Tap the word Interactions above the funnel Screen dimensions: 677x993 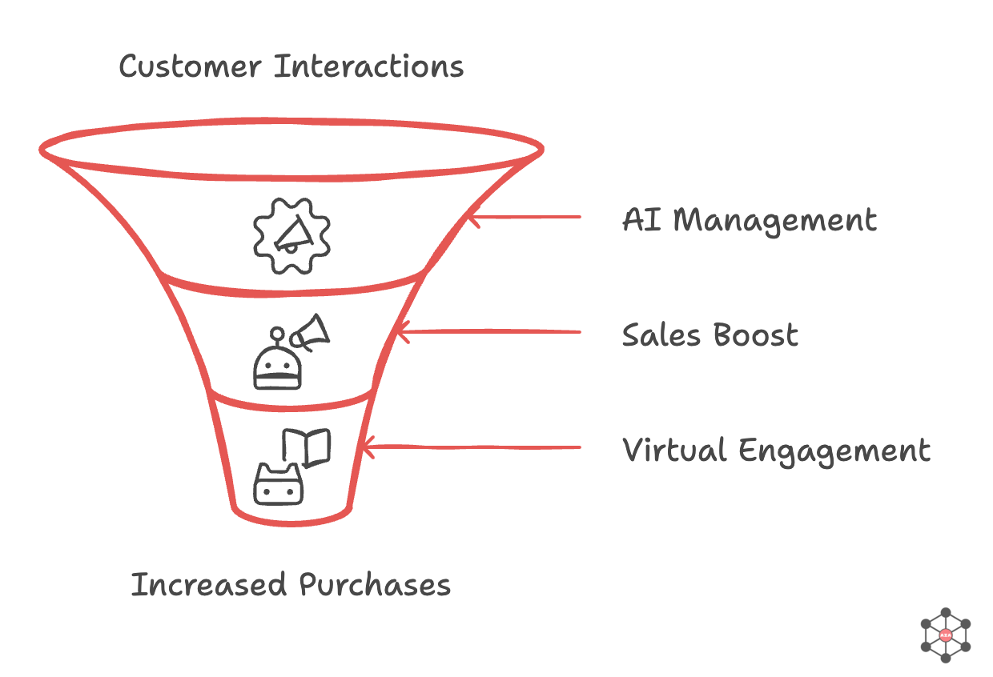click(x=369, y=66)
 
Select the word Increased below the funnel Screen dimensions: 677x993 click(x=209, y=585)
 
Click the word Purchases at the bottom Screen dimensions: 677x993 click(x=375, y=585)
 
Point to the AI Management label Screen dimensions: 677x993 click(x=750, y=219)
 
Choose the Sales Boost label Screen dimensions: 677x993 click(x=710, y=334)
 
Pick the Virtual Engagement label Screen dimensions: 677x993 click(x=777, y=451)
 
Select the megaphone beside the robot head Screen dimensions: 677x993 click(x=311, y=332)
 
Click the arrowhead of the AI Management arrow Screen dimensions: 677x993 click(x=472, y=216)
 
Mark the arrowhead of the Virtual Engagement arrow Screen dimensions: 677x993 click(x=367, y=447)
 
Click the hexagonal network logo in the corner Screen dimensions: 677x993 click(x=946, y=635)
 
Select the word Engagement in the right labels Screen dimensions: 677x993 click(x=834, y=451)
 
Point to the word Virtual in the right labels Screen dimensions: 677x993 click(x=674, y=451)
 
